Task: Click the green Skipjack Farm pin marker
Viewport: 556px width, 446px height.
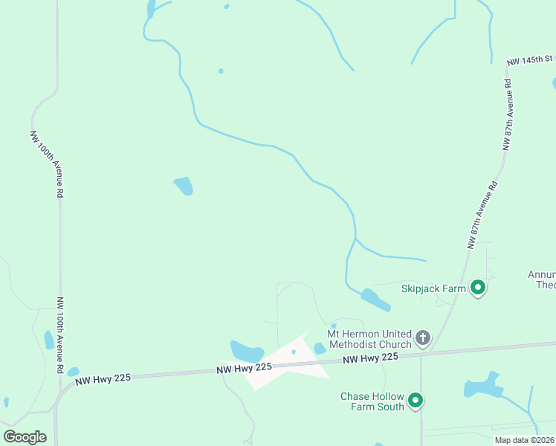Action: [478, 287]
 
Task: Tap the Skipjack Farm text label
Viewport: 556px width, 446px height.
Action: [433, 288]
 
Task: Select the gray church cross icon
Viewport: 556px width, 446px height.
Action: [422, 339]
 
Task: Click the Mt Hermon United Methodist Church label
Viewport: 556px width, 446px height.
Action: [369, 339]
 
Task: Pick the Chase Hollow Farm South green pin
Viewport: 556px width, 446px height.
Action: [416, 401]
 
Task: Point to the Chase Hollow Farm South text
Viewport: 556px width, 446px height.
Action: [372, 401]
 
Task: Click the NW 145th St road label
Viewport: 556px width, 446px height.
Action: [529, 59]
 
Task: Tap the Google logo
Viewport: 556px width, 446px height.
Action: [25, 437]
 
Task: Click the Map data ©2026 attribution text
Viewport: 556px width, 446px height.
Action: [525, 440]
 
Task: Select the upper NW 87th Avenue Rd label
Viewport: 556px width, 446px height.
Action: [508, 115]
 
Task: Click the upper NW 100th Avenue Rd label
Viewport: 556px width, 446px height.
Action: [45, 164]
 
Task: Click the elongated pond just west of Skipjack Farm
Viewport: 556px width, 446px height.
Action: [375, 300]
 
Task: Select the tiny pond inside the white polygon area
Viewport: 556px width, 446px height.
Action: [294, 352]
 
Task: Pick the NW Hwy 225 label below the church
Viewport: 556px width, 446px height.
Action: [370, 358]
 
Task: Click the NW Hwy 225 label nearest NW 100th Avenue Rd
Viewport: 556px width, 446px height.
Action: [103, 378]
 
